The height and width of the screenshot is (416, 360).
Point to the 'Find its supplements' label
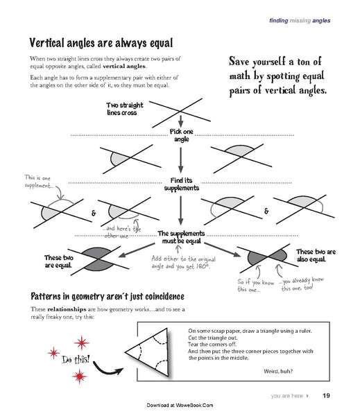(181, 184)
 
